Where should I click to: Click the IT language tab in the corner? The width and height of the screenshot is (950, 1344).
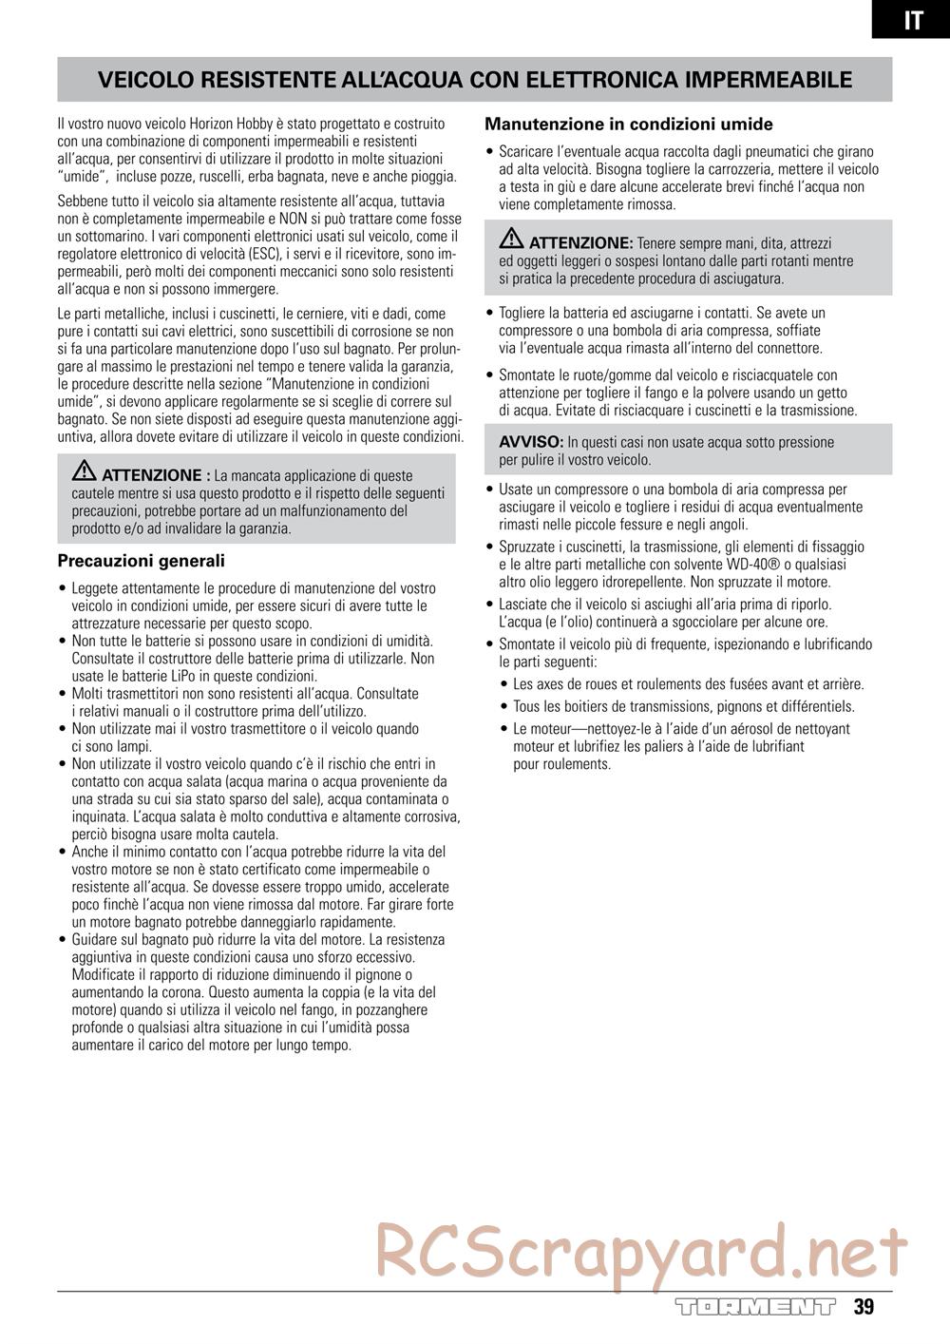[912, 20]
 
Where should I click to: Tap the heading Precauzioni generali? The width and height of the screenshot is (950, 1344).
[141, 561]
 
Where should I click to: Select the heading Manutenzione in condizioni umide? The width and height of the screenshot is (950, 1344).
[628, 124]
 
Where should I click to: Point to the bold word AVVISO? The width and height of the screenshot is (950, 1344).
[531, 442]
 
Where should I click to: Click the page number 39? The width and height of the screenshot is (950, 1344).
[863, 1307]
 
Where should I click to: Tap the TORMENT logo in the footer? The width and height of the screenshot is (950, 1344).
[755, 1308]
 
